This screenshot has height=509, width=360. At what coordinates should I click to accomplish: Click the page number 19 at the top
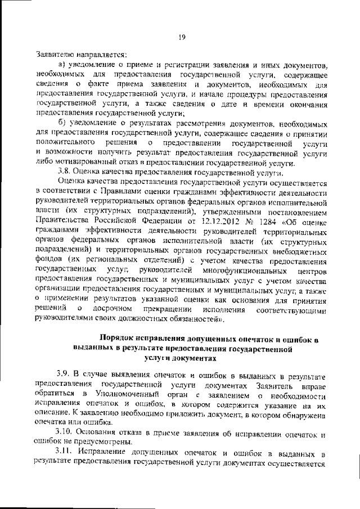(x=182, y=38)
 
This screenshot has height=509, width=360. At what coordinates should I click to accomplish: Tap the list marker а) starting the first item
(x=63, y=66)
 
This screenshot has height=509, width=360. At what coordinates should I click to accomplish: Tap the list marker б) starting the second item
(x=63, y=124)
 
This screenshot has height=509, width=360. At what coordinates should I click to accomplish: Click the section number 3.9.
(x=65, y=373)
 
